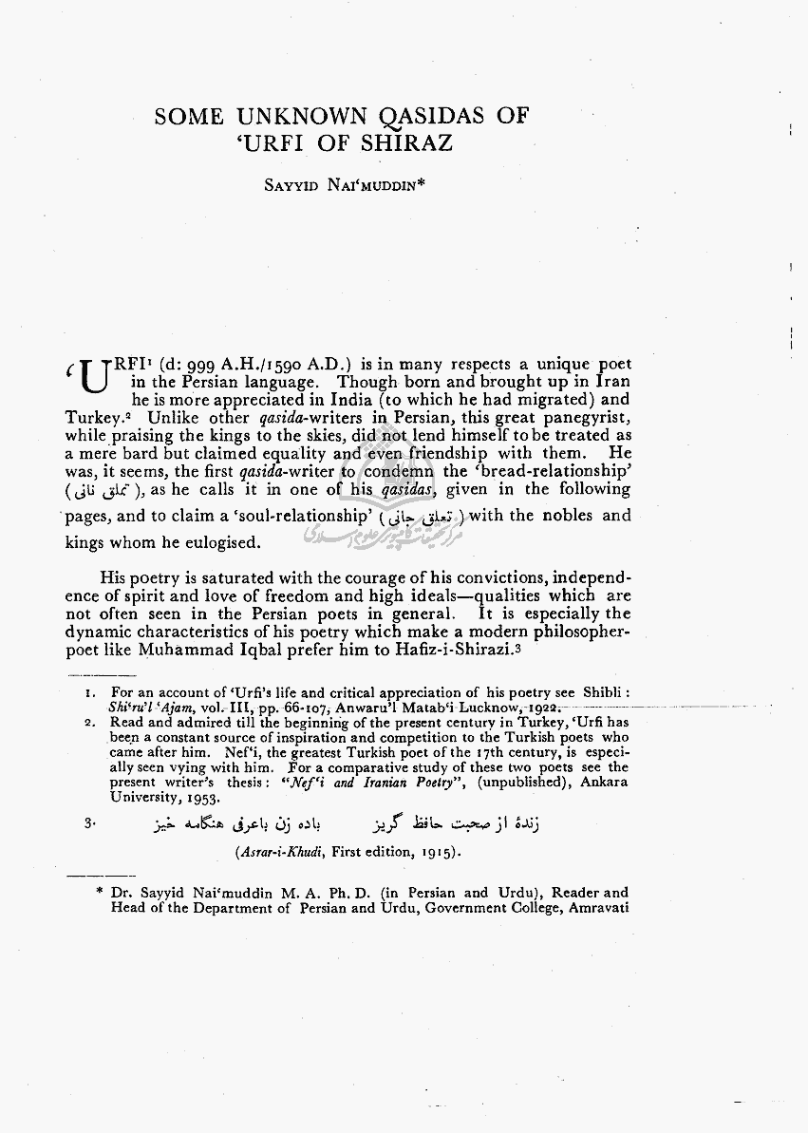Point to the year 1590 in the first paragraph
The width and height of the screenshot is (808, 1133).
[x=281, y=364]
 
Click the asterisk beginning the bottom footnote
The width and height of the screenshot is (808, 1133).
[x=100, y=894]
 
